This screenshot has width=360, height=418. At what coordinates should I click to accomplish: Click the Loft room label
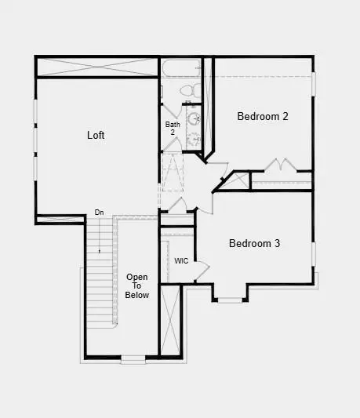(96, 135)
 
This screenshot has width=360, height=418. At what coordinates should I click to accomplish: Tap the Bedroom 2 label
(263, 117)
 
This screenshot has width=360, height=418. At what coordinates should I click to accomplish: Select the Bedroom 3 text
(254, 243)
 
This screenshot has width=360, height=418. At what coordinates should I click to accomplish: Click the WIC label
(181, 260)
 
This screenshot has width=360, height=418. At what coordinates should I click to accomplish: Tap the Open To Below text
(137, 286)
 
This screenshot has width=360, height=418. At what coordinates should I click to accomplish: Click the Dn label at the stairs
(100, 213)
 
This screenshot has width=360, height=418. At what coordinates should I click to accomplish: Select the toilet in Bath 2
(187, 91)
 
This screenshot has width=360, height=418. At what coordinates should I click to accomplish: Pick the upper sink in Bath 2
(194, 119)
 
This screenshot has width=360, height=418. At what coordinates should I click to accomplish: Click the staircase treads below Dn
(99, 274)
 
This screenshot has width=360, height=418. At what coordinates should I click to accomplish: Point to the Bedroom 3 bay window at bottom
(230, 300)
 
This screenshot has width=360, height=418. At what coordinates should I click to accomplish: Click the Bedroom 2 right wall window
(312, 94)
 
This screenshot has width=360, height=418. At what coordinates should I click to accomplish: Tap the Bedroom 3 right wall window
(312, 253)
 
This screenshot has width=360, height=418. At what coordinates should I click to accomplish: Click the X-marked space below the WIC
(170, 322)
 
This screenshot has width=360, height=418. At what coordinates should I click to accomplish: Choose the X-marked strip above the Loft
(97, 67)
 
